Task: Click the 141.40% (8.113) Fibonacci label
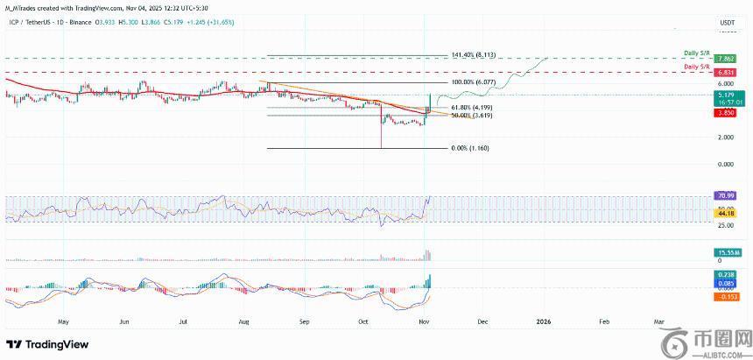tap(475, 53)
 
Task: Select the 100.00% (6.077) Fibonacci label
tap(475, 82)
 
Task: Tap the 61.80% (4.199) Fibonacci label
tap(473, 107)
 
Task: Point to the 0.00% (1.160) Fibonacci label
tap(470, 148)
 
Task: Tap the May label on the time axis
tap(64, 321)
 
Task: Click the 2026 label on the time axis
tap(544, 321)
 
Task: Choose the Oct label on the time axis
tap(363, 321)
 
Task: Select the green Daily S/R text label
tap(698, 53)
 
